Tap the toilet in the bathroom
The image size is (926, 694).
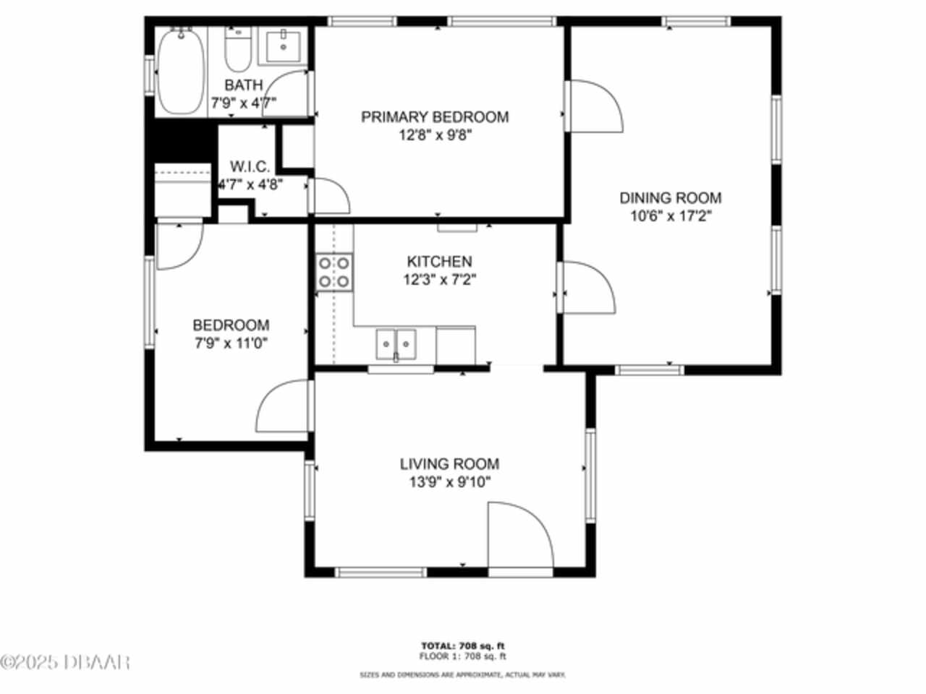click(x=238, y=49)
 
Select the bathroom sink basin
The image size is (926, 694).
click(x=284, y=47)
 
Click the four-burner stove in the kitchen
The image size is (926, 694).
click(x=334, y=272)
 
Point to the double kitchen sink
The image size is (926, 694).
click(x=396, y=344)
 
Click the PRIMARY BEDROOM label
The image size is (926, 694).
click(x=435, y=116)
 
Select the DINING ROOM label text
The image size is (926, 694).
click(x=671, y=197)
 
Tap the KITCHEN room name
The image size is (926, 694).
click(x=439, y=261)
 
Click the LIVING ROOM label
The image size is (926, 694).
click(x=450, y=464)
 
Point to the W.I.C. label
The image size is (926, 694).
click(x=250, y=166)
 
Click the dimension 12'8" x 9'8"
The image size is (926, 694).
click(x=435, y=135)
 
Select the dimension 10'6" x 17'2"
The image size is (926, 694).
click(x=671, y=216)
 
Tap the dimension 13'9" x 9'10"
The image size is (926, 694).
click(x=450, y=481)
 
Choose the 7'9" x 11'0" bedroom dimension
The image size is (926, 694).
click(x=231, y=343)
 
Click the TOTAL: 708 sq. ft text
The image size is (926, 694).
click(x=462, y=646)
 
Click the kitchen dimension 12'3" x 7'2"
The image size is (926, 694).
click(x=440, y=279)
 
